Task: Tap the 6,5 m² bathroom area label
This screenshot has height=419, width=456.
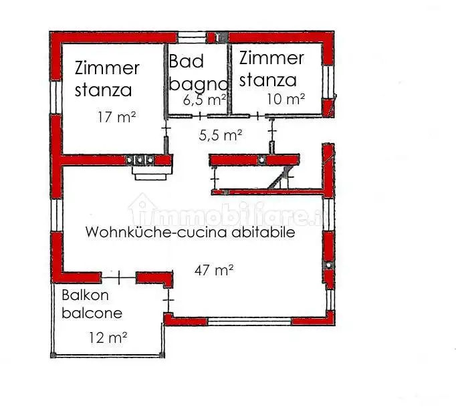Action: point(204,101)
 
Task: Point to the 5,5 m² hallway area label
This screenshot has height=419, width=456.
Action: point(221,136)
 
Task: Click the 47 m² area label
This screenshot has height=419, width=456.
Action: point(214,270)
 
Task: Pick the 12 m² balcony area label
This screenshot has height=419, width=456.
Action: point(108,338)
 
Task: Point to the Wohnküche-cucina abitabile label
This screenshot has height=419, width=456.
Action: point(191,233)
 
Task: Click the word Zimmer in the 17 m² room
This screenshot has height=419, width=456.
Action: point(107,68)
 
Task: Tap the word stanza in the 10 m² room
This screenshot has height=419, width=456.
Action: point(267,80)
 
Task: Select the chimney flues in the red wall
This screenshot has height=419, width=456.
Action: point(141,160)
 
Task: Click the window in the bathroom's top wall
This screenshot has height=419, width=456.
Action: point(195,36)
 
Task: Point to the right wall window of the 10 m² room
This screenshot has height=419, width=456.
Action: point(327,83)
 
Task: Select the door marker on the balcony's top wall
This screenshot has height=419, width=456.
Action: point(118,275)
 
